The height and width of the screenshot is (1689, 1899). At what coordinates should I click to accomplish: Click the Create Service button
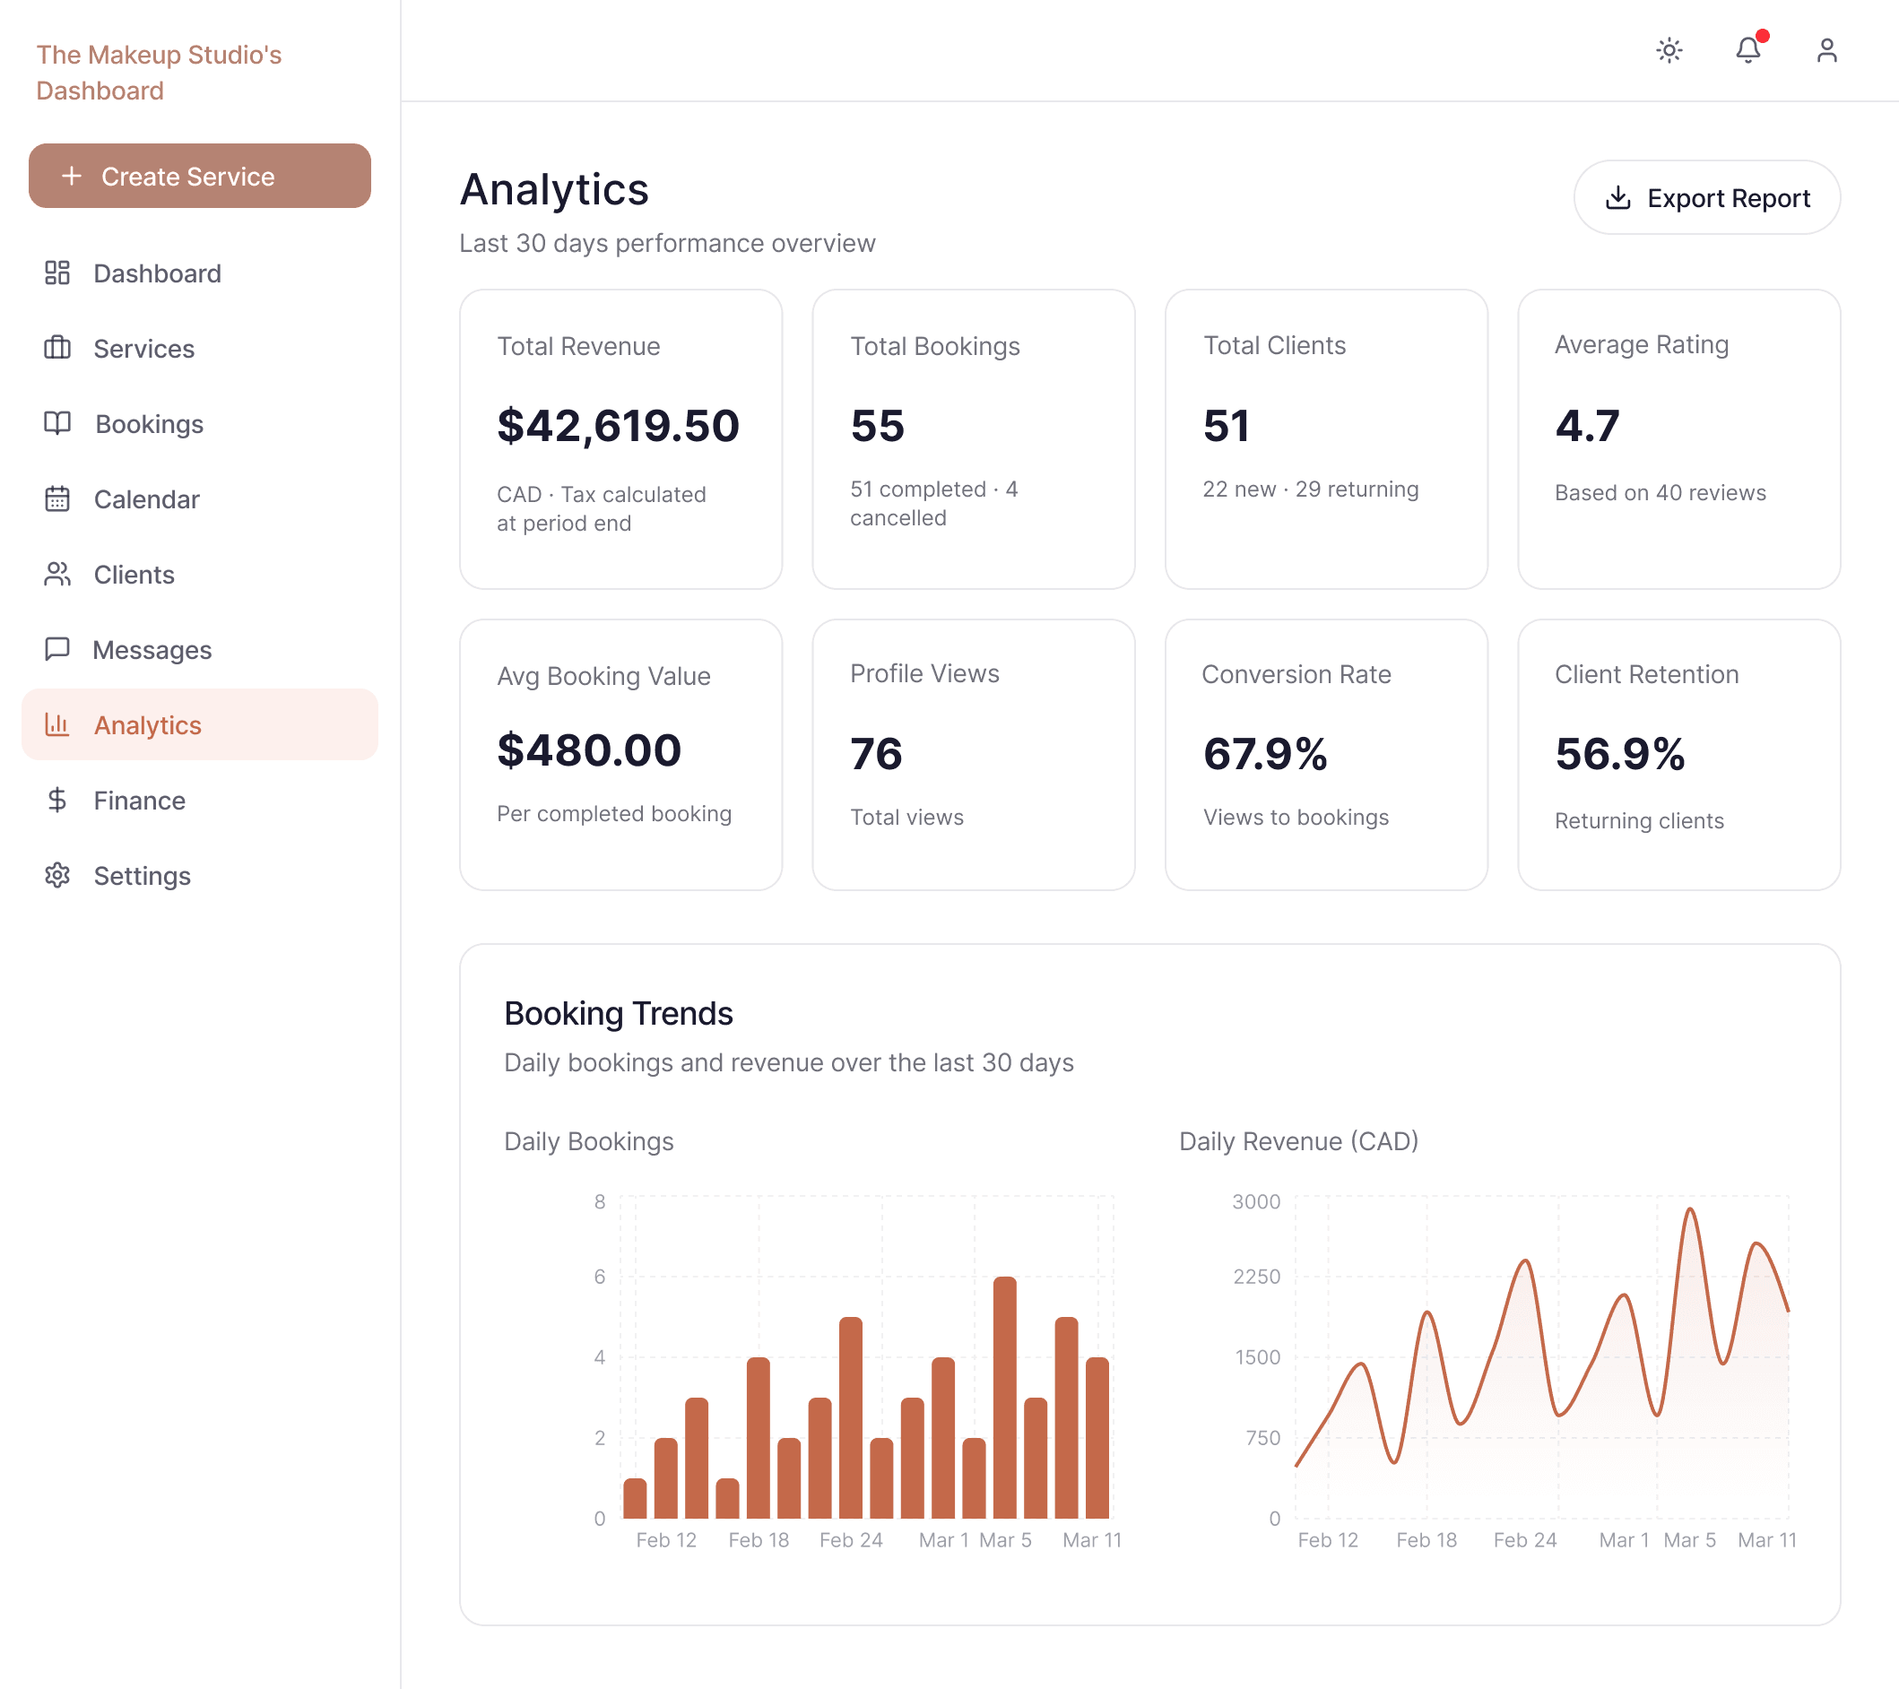(199, 176)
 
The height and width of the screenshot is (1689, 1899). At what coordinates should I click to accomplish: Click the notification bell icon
(1747, 50)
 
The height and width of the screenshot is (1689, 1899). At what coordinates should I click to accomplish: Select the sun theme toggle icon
(1669, 50)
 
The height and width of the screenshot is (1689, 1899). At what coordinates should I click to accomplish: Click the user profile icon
(1825, 50)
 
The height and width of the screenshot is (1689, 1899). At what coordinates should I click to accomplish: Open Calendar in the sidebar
(146, 498)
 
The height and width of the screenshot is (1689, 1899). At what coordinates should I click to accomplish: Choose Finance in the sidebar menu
(139, 800)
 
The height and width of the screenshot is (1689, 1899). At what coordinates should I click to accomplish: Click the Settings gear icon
(57, 875)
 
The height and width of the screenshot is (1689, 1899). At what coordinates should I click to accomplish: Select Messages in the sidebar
(152, 649)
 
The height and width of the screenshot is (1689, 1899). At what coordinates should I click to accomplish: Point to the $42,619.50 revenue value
(618, 426)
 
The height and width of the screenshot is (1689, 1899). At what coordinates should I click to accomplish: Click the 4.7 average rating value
(1587, 426)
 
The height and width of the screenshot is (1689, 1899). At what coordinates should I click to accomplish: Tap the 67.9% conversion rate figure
(1264, 753)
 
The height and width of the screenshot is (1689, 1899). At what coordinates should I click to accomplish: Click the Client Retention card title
(1646, 674)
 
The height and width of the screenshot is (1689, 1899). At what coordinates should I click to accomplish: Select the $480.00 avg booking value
(589, 749)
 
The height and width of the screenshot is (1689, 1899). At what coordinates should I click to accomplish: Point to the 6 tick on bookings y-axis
(599, 1277)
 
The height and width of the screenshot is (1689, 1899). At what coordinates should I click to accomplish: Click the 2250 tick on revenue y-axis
(1256, 1277)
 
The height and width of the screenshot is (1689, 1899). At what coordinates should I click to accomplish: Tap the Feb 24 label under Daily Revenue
(1523, 1539)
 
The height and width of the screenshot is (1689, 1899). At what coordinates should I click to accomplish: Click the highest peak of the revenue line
(1690, 1209)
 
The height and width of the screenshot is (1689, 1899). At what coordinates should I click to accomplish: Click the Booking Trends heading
(618, 1014)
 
